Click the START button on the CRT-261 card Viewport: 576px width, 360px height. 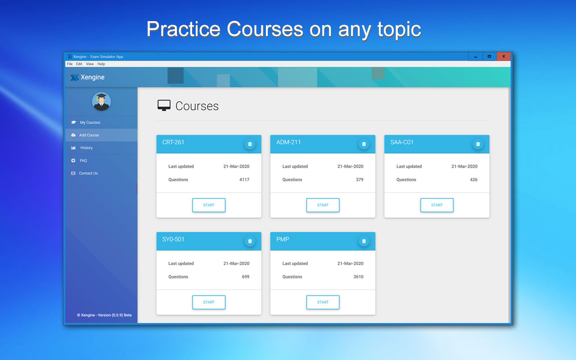(209, 205)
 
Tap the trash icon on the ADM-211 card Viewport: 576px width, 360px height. (364, 144)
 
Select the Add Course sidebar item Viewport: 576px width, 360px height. (89, 135)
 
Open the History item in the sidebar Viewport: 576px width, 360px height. (86, 148)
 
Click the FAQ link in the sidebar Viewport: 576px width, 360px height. (83, 161)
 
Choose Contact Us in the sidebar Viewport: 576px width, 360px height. (88, 173)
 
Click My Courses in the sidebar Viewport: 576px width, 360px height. (90, 122)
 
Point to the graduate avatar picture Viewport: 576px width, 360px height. (101, 102)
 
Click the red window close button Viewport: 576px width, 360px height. (504, 56)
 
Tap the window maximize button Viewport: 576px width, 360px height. (489, 56)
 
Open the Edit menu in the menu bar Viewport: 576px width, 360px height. (79, 64)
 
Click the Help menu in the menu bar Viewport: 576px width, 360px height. (101, 64)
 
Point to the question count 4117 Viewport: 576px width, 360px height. (244, 180)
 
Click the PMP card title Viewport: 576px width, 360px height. (283, 239)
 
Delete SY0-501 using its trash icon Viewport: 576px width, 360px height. (250, 241)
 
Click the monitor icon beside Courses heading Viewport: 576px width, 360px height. (164, 106)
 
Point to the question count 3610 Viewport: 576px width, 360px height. (358, 277)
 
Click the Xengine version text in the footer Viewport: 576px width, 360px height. (104, 315)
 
